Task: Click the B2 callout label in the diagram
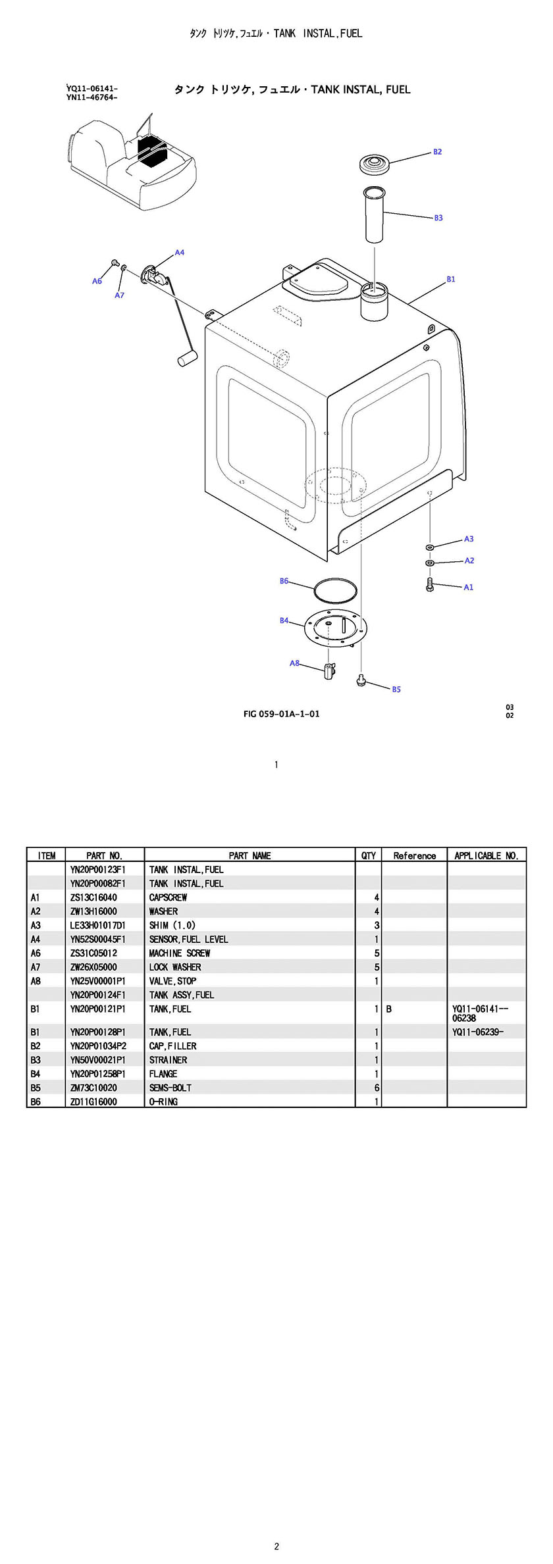pos(437,152)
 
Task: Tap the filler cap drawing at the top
pos(375,164)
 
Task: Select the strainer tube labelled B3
pos(374,215)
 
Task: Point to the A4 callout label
pos(179,253)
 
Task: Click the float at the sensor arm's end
pos(185,358)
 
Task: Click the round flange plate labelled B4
pos(335,628)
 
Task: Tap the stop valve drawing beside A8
pos(329,672)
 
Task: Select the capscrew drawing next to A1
pos(430,584)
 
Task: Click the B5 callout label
pos(396,690)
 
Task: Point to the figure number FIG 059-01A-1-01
pos(281,714)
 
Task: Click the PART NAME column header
pos(250,855)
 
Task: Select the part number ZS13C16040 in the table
pos(93,897)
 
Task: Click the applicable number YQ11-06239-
pos(477,1032)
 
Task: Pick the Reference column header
pos(414,855)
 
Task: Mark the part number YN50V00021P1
pos(97,1060)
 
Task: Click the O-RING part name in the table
pos(163,1101)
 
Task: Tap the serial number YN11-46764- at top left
pos(92,98)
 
